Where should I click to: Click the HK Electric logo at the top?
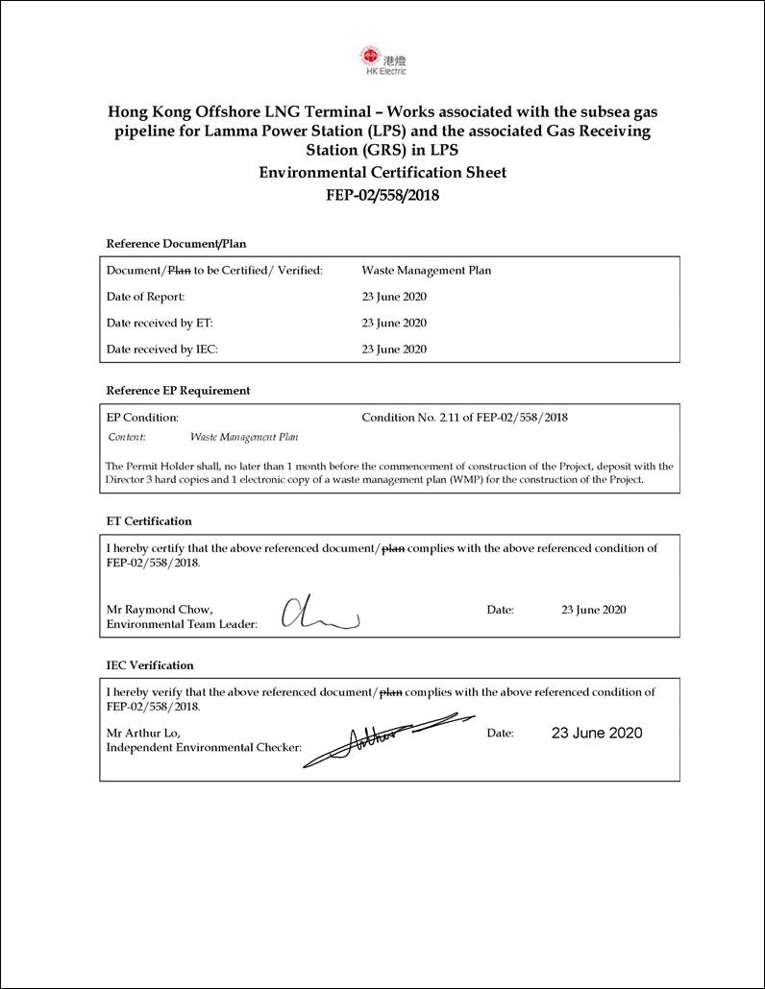(382, 59)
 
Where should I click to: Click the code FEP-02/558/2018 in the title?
(382, 196)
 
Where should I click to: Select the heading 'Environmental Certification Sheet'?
(382, 173)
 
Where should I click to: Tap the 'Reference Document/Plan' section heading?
(176, 243)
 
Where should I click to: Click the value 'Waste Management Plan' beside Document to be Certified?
(426, 271)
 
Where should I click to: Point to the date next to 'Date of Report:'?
(394, 297)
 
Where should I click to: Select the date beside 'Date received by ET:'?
(394, 324)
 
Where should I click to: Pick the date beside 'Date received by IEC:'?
(394, 350)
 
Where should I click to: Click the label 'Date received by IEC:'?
(162, 350)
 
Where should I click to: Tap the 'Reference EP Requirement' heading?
(178, 391)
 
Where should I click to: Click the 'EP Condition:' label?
(142, 418)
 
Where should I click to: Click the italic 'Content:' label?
(127, 437)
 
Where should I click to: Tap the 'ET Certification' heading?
(149, 521)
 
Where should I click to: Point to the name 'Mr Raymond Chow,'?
(160, 610)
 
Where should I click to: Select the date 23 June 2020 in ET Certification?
(594, 610)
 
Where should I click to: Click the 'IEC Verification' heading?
(150, 665)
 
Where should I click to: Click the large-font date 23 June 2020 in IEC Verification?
(597, 733)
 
